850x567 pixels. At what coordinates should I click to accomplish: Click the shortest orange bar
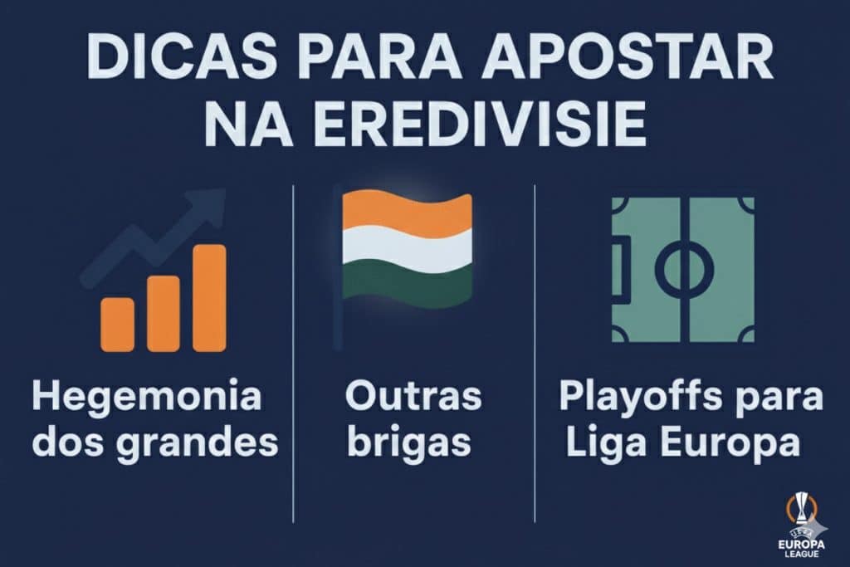117,324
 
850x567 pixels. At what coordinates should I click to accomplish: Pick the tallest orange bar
209,297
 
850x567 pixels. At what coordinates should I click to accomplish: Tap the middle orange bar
163,313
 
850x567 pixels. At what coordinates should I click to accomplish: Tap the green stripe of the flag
407,282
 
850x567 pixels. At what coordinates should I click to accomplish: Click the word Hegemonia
146,398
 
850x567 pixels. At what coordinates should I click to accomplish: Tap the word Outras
413,396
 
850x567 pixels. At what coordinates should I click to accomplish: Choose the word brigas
409,444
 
